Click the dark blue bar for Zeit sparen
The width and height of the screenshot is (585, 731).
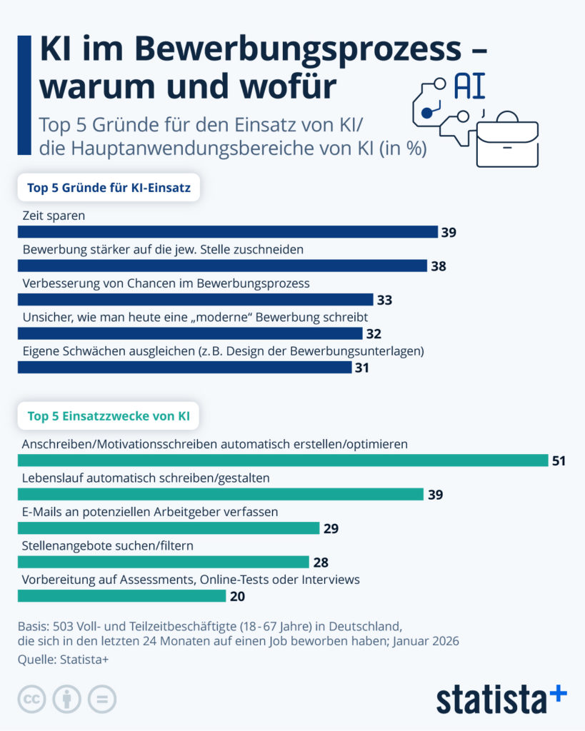(x=227, y=231)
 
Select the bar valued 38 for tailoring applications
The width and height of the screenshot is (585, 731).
(x=222, y=266)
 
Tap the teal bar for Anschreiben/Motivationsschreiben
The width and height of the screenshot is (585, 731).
(x=282, y=460)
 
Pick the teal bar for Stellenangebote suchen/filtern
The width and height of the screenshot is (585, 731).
(x=163, y=563)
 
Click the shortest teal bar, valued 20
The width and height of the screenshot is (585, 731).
(x=121, y=596)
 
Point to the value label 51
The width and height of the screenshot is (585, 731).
(x=558, y=461)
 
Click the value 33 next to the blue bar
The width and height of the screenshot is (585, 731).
(x=384, y=300)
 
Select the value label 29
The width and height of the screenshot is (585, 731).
(x=330, y=529)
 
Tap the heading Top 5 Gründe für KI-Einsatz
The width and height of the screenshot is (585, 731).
(x=108, y=188)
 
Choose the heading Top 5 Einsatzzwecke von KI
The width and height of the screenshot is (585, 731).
(x=108, y=415)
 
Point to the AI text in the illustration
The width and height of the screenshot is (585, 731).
(x=470, y=86)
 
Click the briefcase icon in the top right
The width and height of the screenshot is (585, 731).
(x=507, y=140)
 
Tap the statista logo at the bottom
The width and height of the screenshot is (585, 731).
(x=501, y=698)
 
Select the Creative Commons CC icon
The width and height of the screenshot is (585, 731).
(x=31, y=699)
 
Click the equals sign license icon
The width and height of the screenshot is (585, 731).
(x=102, y=699)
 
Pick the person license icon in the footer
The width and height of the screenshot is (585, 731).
(x=67, y=699)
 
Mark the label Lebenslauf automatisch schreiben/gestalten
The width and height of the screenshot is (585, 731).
(x=146, y=478)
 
